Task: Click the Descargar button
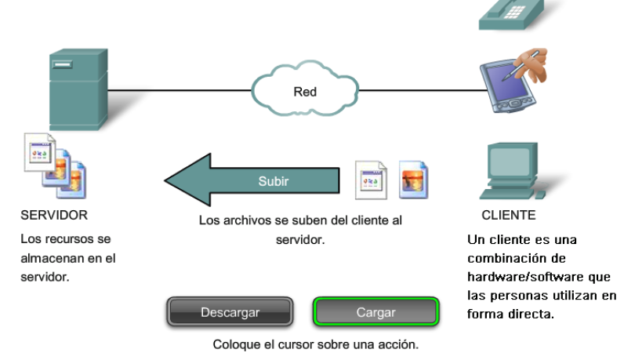230,312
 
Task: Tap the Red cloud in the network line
305,91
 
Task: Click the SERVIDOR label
54,214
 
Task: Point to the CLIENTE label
508,214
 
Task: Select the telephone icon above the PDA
510,13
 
